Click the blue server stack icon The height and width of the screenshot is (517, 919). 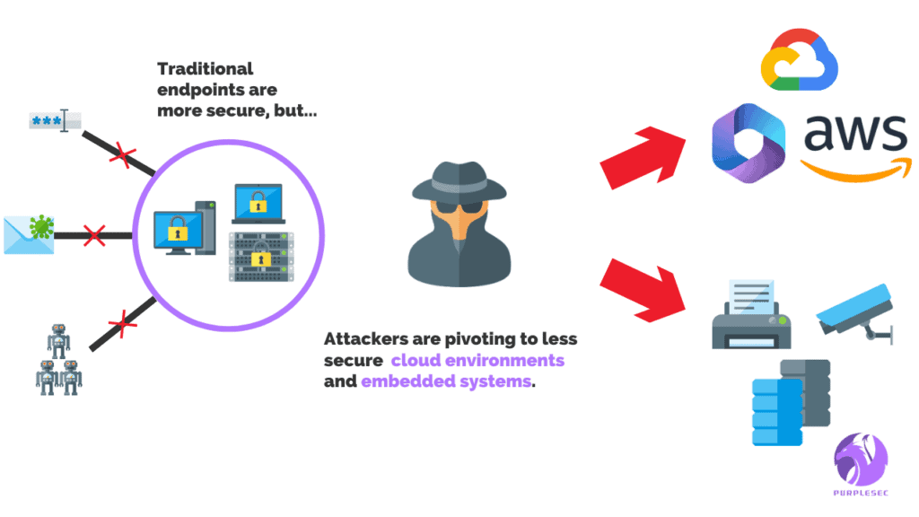(x=777, y=411)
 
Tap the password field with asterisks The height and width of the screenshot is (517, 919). (x=55, y=121)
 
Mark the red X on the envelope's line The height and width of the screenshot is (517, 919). (x=93, y=237)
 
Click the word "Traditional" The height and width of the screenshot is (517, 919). (x=206, y=68)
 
